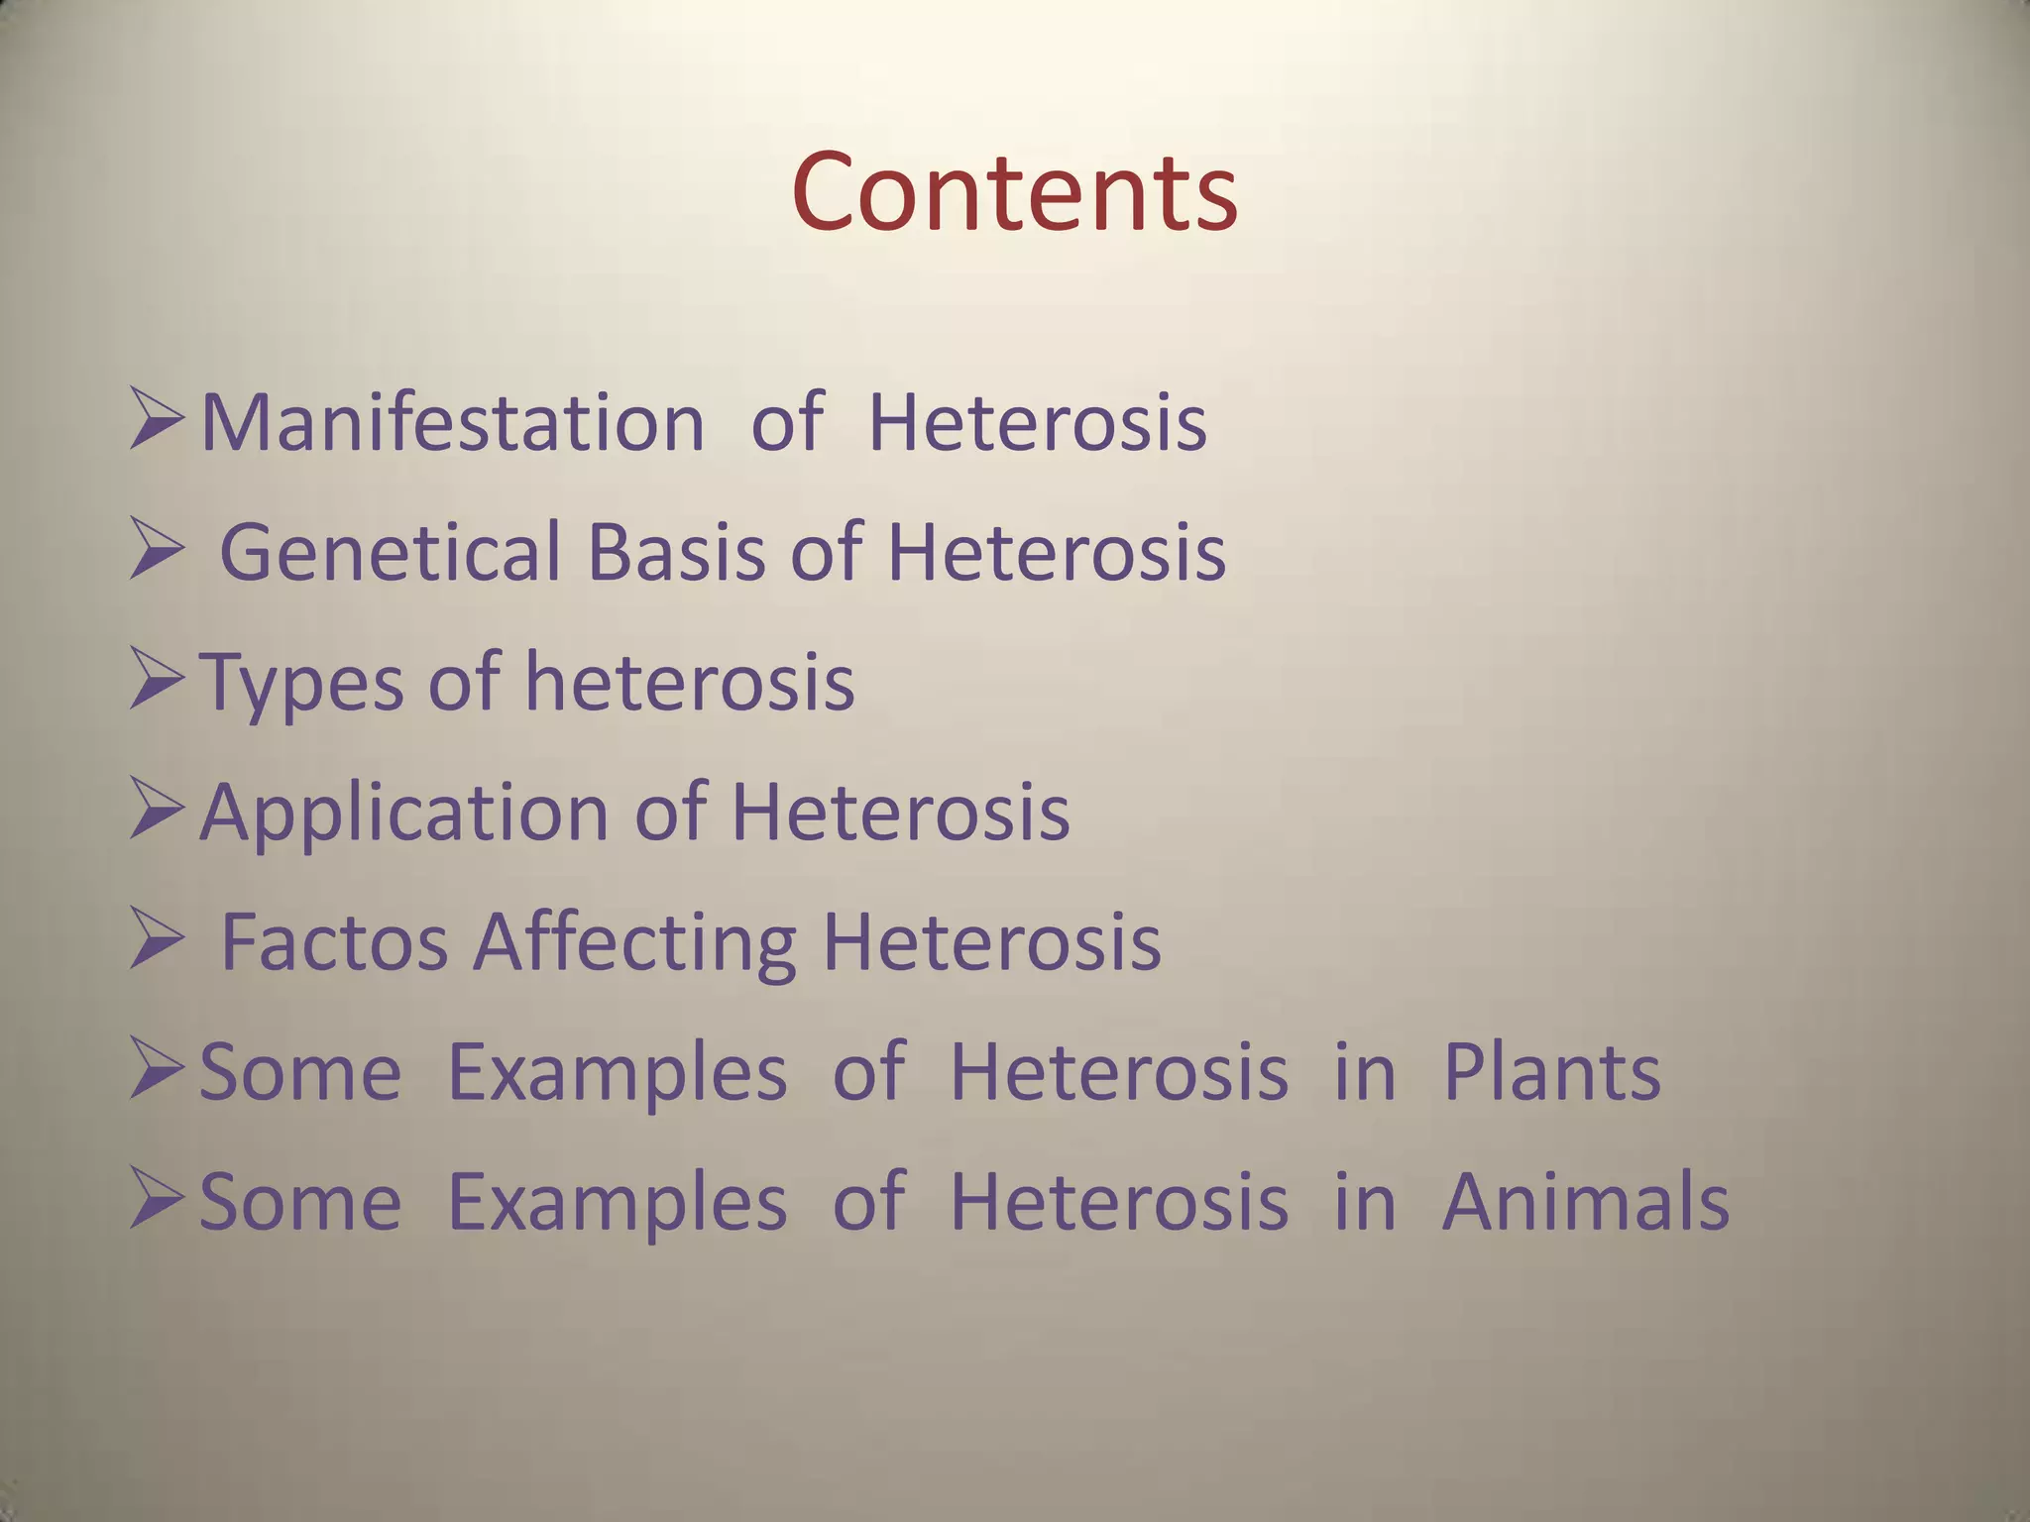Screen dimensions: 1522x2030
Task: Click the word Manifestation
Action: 453,423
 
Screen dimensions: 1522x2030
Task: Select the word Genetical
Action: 391,552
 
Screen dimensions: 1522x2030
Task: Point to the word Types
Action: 301,684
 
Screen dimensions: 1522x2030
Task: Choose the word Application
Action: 404,813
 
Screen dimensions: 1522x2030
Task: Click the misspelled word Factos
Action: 334,942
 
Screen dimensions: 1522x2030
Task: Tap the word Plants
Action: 1551,1072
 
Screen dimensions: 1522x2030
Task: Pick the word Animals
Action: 1585,1202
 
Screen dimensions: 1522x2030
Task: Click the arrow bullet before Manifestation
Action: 157,421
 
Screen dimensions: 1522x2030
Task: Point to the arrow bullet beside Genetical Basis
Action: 157,552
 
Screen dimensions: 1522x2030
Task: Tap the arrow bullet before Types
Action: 157,682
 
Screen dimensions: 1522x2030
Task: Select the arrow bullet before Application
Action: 157,812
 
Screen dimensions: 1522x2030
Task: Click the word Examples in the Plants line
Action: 618,1074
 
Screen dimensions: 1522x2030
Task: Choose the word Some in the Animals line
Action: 300,1202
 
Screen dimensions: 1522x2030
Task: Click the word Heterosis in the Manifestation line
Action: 1037,423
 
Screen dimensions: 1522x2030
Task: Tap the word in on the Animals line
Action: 1365,1202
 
